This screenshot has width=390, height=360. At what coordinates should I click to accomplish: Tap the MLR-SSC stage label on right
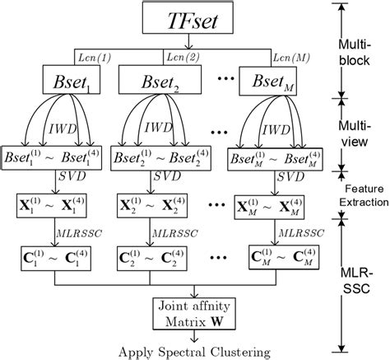tap(362, 276)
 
